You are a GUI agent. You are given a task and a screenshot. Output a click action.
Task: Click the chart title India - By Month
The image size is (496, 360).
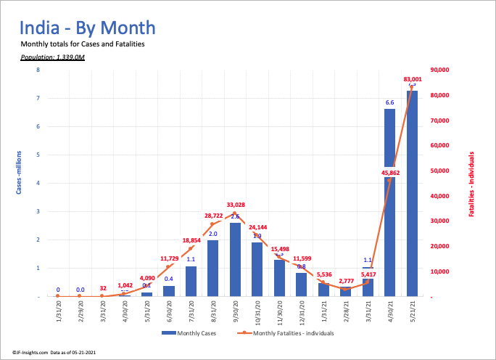(87, 28)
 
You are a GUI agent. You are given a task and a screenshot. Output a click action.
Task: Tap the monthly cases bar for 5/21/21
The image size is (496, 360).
(412, 193)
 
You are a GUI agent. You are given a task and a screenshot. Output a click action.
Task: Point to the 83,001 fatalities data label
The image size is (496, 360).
(411, 78)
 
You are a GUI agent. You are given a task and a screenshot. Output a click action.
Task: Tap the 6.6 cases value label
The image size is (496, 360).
(389, 102)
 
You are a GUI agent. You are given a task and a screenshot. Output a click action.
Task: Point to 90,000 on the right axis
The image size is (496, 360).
(440, 70)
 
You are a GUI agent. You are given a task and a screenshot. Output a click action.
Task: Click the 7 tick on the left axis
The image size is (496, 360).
(37, 98)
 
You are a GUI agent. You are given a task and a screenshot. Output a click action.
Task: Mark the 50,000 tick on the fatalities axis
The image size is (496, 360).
(440, 171)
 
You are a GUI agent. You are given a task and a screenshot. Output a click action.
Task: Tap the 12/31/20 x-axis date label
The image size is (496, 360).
(302, 312)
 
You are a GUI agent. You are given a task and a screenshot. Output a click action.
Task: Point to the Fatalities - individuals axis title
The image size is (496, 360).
(472, 184)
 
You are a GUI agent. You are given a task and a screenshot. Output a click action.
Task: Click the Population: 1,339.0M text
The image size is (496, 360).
(53, 56)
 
